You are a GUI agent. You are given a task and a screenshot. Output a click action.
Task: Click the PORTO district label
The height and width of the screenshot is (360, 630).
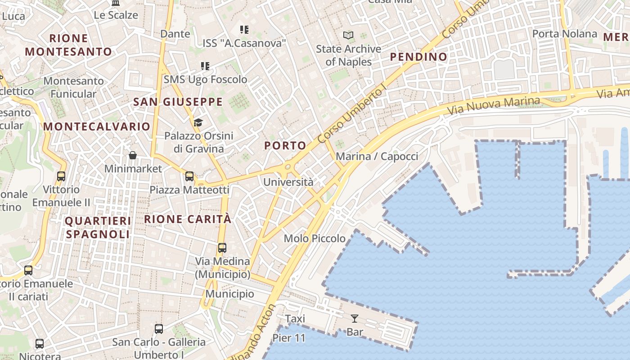(285, 145)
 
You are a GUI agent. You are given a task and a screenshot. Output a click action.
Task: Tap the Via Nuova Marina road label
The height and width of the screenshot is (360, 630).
(493, 105)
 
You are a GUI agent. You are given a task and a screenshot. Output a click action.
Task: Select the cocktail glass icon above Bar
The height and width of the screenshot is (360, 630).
(355, 319)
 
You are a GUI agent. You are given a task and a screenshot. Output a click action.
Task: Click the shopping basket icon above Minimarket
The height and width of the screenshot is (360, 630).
(133, 155)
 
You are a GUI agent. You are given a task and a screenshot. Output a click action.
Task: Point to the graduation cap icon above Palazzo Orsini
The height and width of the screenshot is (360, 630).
(198, 122)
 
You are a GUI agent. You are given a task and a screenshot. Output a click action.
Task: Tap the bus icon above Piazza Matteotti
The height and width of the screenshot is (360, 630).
(189, 176)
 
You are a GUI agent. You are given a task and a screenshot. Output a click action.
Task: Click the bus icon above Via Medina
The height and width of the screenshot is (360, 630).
(222, 247)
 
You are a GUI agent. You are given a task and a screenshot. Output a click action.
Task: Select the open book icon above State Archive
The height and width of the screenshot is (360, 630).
(348, 35)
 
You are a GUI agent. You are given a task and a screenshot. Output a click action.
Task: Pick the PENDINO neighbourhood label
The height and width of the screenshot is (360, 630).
(418, 57)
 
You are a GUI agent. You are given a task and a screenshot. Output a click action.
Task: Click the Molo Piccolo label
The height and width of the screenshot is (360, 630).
(315, 238)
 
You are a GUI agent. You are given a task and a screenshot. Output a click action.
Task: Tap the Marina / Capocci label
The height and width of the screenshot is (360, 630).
(377, 157)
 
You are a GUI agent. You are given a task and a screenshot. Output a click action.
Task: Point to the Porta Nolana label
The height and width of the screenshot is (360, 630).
(564, 34)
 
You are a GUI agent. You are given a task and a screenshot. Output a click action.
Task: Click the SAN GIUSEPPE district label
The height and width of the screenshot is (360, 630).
(178, 102)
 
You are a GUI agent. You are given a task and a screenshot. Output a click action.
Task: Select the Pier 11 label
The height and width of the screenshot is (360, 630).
(289, 338)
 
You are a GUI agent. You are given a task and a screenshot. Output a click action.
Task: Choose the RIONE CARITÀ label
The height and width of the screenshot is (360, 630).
(188, 219)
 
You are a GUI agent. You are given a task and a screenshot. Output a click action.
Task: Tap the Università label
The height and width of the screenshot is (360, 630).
(288, 182)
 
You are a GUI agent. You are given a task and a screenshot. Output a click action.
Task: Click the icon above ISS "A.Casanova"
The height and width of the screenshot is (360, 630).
(244, 30)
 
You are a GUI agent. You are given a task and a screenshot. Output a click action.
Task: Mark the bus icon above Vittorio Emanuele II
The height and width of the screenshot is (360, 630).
(61, 176)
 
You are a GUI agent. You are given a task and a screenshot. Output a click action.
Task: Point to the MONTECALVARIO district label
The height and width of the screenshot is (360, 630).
(96, 126)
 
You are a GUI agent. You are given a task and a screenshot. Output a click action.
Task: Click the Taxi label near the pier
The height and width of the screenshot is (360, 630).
(295, 319)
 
